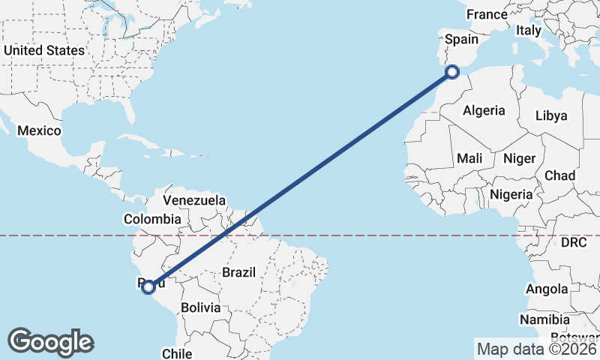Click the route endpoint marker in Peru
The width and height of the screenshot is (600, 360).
pyautogui.click(x=148, y=286)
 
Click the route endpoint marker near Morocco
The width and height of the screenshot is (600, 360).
pyautogui.click(x=451, y=72)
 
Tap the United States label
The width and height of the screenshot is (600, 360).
pyautogui.click(x=44, y=50)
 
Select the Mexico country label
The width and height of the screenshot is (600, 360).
pyautogui.click(x=39, y=130)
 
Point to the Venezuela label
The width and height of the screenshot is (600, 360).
pyautogui.click(x=194, y=200)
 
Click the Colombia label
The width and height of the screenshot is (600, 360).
pyautogui.click(x=152, y=219)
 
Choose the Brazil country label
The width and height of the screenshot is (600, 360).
pyautogui.click(x=239, y=272)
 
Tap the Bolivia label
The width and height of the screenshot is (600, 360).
pyautogui.click(x=200, y=307)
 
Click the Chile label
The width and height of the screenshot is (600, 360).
pyautogui.click(x=178, y=353)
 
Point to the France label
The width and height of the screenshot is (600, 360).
pyautogui.click(x=487, y=14)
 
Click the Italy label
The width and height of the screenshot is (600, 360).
pyautogui.click(x=528, y=31)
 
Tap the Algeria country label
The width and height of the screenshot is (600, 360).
pyautogui.click(x=484, y=110)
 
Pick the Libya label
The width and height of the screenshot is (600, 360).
pyautogui.click(x=551, y=115)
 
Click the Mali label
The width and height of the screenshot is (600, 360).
pyautogui.click(x=469, y=158)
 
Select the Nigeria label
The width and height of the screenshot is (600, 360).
pyautogui.click(x=511, y=194)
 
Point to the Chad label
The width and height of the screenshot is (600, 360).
pyautogui.click(x=560, y=175)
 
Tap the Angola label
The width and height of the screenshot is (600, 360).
pyautogui.click(x=547, y=289)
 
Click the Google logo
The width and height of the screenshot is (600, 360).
pyautogui.click(x=50, y=342)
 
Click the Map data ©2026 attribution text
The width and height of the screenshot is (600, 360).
pyautogui.click(x=536, y=349)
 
